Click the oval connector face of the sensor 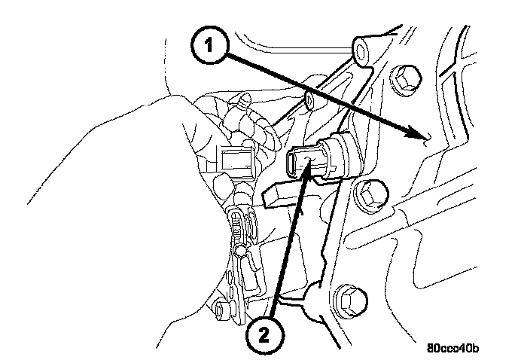[x=300, y=161]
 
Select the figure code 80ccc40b [x=453, y=349]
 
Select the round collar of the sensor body [x=336, y=155]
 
